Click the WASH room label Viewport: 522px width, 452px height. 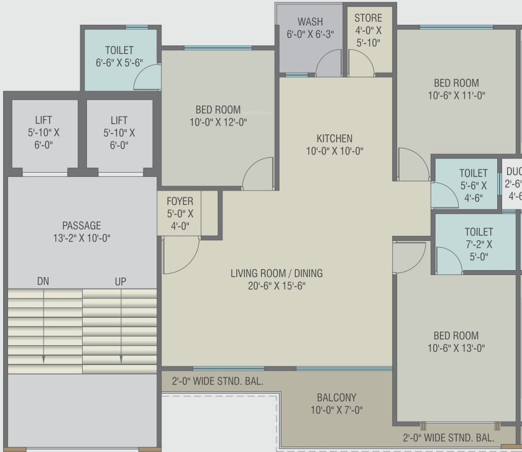click(310, 22)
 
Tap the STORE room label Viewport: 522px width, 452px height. click(369, 18)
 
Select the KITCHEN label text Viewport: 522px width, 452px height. click(334, 138)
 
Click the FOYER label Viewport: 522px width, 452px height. click(180, 201)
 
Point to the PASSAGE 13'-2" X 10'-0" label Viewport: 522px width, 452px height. click(81, 232)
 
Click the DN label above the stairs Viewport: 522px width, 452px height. click(43, 281)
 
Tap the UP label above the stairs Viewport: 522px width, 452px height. click(121, 281)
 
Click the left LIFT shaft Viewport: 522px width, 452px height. click(43, 132)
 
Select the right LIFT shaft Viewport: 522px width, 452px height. click(119, 132)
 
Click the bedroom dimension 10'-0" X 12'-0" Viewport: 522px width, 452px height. click(218, 122)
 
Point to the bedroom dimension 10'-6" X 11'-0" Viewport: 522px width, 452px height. click(456, 96)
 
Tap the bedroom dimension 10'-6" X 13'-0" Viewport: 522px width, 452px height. click(456, 348)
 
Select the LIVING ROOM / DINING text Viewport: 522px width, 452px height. click(277, 273)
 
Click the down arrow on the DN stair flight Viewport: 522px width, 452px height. click(43, 359)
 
